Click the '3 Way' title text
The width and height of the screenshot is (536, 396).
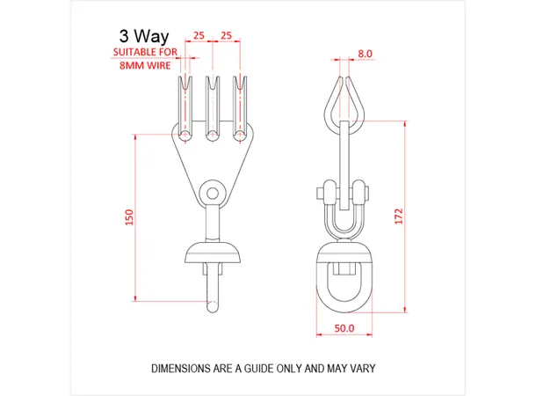pos(144,36)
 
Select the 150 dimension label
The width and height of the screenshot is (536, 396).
pos(128,217)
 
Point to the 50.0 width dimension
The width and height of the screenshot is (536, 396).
pos(344,327)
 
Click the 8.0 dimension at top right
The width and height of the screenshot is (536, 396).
pos(366,54)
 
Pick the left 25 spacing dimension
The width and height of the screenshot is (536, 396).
pos(199,36)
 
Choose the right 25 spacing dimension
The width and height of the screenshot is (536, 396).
pos(226,36)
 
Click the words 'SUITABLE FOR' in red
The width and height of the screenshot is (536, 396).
pos(144,53)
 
